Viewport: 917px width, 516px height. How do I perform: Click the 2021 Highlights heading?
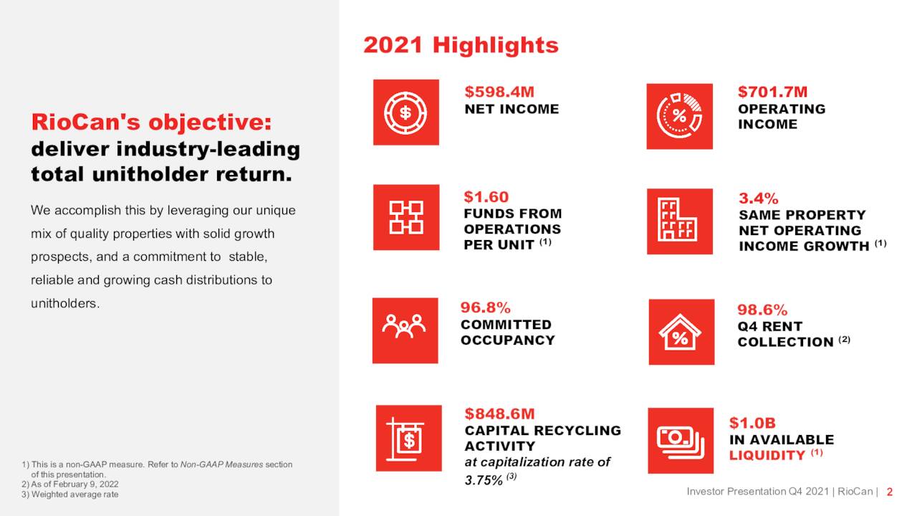[x=461, y=45]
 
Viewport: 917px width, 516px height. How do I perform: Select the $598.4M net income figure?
[x=499, y=92]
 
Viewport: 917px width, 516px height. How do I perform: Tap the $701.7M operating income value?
[x=772, y=92]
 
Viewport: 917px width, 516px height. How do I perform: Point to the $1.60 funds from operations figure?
[x=486, y=196]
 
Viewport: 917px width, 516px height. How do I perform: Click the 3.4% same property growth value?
[x=759, y=198]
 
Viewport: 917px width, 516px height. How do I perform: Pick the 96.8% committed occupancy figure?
[x=485, y=307]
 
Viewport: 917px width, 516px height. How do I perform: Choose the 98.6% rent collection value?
[x=762, y=310]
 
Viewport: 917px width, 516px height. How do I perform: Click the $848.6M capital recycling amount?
[x=499, y=414]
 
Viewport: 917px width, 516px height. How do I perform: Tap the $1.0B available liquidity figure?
[x=752, y=423]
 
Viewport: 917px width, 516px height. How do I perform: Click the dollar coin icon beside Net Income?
[x=405, y=113]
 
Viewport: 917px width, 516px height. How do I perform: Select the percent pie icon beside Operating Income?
[x=679, y=116]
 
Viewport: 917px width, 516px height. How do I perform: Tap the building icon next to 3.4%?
[x=679, y=221]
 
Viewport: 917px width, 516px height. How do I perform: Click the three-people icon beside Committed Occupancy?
[x=405, y=330]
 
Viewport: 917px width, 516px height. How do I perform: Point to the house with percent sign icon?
[x=681, y=333]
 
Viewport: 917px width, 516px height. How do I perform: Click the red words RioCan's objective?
[x=151, y=123]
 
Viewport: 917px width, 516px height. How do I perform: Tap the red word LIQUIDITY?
[x=767, y=456]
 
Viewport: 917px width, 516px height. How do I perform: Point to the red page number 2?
[x=889, y=492]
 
